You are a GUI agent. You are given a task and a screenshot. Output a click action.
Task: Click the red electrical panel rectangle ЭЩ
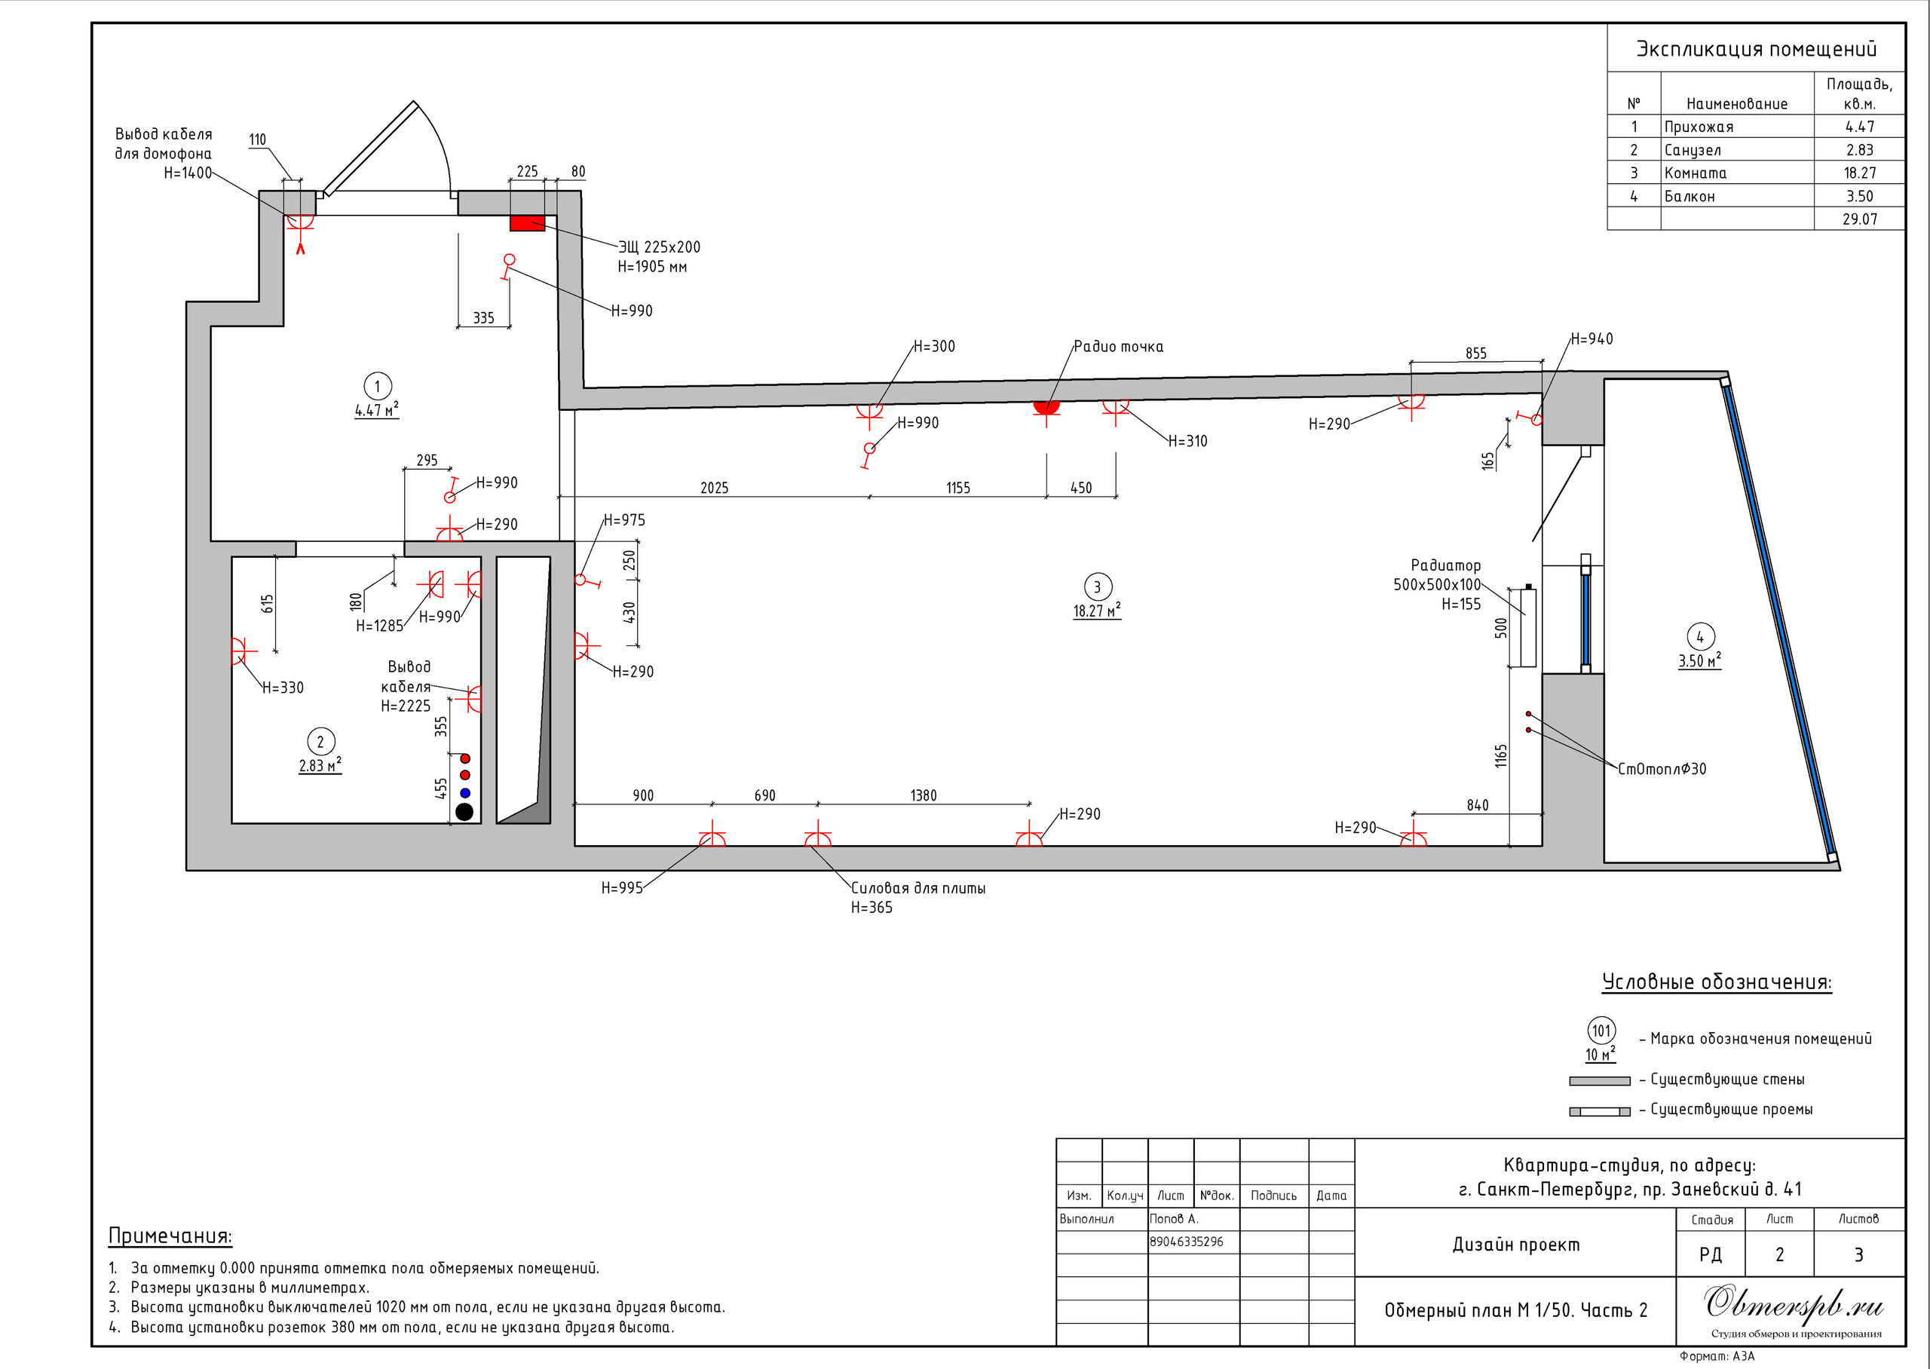click(527, 223)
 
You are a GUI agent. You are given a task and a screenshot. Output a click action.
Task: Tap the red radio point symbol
click(1046, 408)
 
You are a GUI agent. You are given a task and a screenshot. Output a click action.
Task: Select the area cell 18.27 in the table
click(1859, 173)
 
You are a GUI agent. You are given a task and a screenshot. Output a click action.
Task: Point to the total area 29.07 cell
click(1859, 219)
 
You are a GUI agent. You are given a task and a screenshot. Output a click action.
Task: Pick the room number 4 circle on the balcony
click(1700, 636)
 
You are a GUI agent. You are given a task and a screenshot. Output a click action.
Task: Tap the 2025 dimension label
click(714, 488)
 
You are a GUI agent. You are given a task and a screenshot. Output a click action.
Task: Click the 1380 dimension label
click(923, 796)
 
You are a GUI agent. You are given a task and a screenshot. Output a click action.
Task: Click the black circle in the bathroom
click(464, 812)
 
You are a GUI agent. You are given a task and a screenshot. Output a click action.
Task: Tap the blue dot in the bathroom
click(464, 792)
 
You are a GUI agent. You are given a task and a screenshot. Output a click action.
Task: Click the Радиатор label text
click(1445, 565)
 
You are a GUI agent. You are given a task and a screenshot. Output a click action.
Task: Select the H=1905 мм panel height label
click(652, 267)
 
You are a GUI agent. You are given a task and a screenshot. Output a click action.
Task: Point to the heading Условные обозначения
click(1717, 982)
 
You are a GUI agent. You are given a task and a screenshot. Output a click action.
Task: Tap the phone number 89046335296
click(1186, 1242)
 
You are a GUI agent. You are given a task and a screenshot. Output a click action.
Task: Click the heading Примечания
click(170, 1236)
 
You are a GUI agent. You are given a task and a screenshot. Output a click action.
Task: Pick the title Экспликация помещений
click(1757, 49)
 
